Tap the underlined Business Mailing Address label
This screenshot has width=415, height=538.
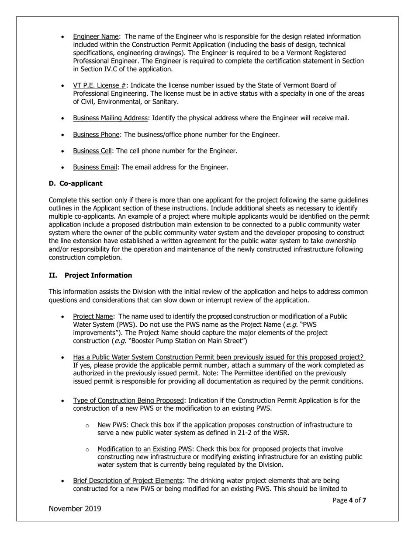(x=111, y=118)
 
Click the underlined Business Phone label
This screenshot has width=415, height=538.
(x=96, y=135)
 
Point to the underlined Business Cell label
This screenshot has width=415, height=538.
(x=92, y=151)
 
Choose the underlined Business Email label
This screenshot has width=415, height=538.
(x=95, y=167)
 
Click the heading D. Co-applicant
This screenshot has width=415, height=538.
(x=75, y=183)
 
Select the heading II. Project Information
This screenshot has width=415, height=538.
(x=90, y=276)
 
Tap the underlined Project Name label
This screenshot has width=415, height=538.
(x=93, y=316)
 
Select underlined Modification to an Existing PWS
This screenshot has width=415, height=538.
(x=145, y=449)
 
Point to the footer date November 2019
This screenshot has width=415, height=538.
(x=75, y=509)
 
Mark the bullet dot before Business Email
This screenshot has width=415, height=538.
(x=63, y=168)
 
